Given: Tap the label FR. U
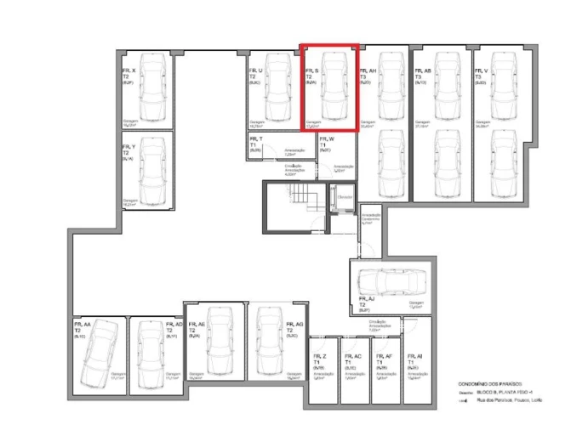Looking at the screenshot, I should [255, 71].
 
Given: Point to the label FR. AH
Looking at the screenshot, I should [368, 71].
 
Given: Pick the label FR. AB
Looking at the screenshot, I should [422, 71].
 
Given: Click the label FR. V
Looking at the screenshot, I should [482, 71].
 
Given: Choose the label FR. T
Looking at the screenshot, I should [255, 139].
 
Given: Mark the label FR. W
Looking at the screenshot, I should [327, 139].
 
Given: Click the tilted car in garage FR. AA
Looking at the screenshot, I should [97, 352].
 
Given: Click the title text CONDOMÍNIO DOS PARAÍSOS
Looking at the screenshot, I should [482, 384].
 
